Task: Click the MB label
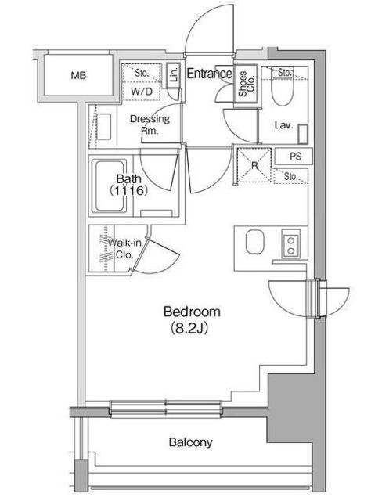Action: click(x=78, y=76)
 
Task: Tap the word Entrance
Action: click(x=209, y=74)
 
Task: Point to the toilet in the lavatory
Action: click(x=283, y=87)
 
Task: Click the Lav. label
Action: click(x=283, y=125)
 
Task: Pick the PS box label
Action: click(x=295, y=157)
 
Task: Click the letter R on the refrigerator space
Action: click(x=254, y=165)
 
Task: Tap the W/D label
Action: click(x=142, y=92)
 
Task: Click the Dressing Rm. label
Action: click(x=150, y=124)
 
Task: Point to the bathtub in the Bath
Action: click(x=110, y=186)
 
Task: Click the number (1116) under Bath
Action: click(x=128, y=191)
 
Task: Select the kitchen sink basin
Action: click(x=255, y=242)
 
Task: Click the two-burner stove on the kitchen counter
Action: click(x=290, y=244)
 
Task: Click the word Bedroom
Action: click(x=192, y=312)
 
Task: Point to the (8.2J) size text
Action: click(x=189, y=328)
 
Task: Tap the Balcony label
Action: click(x=191, y=442)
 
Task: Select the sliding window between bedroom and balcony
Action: click(x=166, y=409)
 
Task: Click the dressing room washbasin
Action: click(x=104, y=126)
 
